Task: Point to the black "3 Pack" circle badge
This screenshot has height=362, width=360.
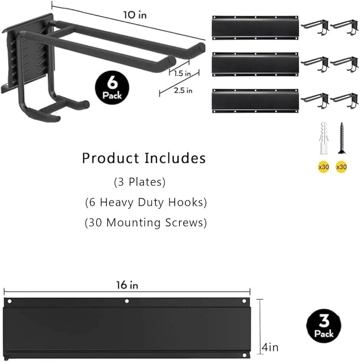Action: pos(323,325)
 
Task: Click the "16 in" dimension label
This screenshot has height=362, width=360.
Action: pos(127,285)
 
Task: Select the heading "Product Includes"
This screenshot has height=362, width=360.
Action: pos(143,158)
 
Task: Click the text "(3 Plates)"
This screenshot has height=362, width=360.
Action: pos(140,182)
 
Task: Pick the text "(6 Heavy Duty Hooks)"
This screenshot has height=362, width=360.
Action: pos(145,202)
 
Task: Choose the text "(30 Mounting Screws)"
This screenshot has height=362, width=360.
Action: pos(145,223)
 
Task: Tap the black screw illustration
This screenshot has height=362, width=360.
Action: pos(341,139)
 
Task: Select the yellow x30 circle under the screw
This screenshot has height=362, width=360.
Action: pos(342,166)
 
